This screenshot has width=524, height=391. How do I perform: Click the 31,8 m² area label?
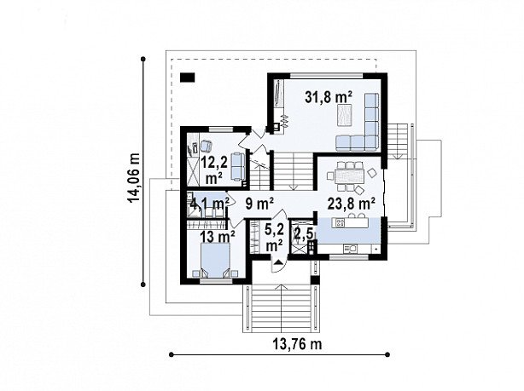(x=329, y=97)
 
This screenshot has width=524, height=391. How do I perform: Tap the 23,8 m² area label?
(x=351, y=204)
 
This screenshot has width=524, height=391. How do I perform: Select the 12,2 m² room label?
(x=214, y=170)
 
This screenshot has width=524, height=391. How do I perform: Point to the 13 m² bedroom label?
(x=218, y=237)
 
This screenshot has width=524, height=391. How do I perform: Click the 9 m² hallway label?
(x=259, y=204)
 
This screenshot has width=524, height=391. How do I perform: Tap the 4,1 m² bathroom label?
(x=209, y=203)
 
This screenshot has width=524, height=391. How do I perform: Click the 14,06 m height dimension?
(x=134, y=177)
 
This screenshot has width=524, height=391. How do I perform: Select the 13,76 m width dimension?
(x=298, y=343)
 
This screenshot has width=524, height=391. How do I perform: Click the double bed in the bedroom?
(x=216, y=260)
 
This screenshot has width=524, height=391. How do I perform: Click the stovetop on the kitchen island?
(x=340, y=222)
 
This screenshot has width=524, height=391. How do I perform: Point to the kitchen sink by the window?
(x=350, y=248)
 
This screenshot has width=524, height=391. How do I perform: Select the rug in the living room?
(x=345, y=115)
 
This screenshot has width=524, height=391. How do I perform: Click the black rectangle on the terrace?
(x=188, y=78)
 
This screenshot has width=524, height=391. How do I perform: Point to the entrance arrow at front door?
(x=278, y=262)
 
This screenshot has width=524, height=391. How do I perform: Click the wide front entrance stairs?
(x=281, y=308)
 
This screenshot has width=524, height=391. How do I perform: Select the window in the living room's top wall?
(x=327, y=76)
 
